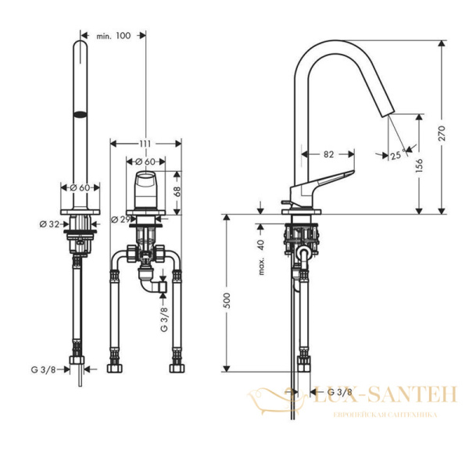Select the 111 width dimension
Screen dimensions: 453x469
click(145, 144)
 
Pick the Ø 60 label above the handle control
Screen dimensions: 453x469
click(146, 162)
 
